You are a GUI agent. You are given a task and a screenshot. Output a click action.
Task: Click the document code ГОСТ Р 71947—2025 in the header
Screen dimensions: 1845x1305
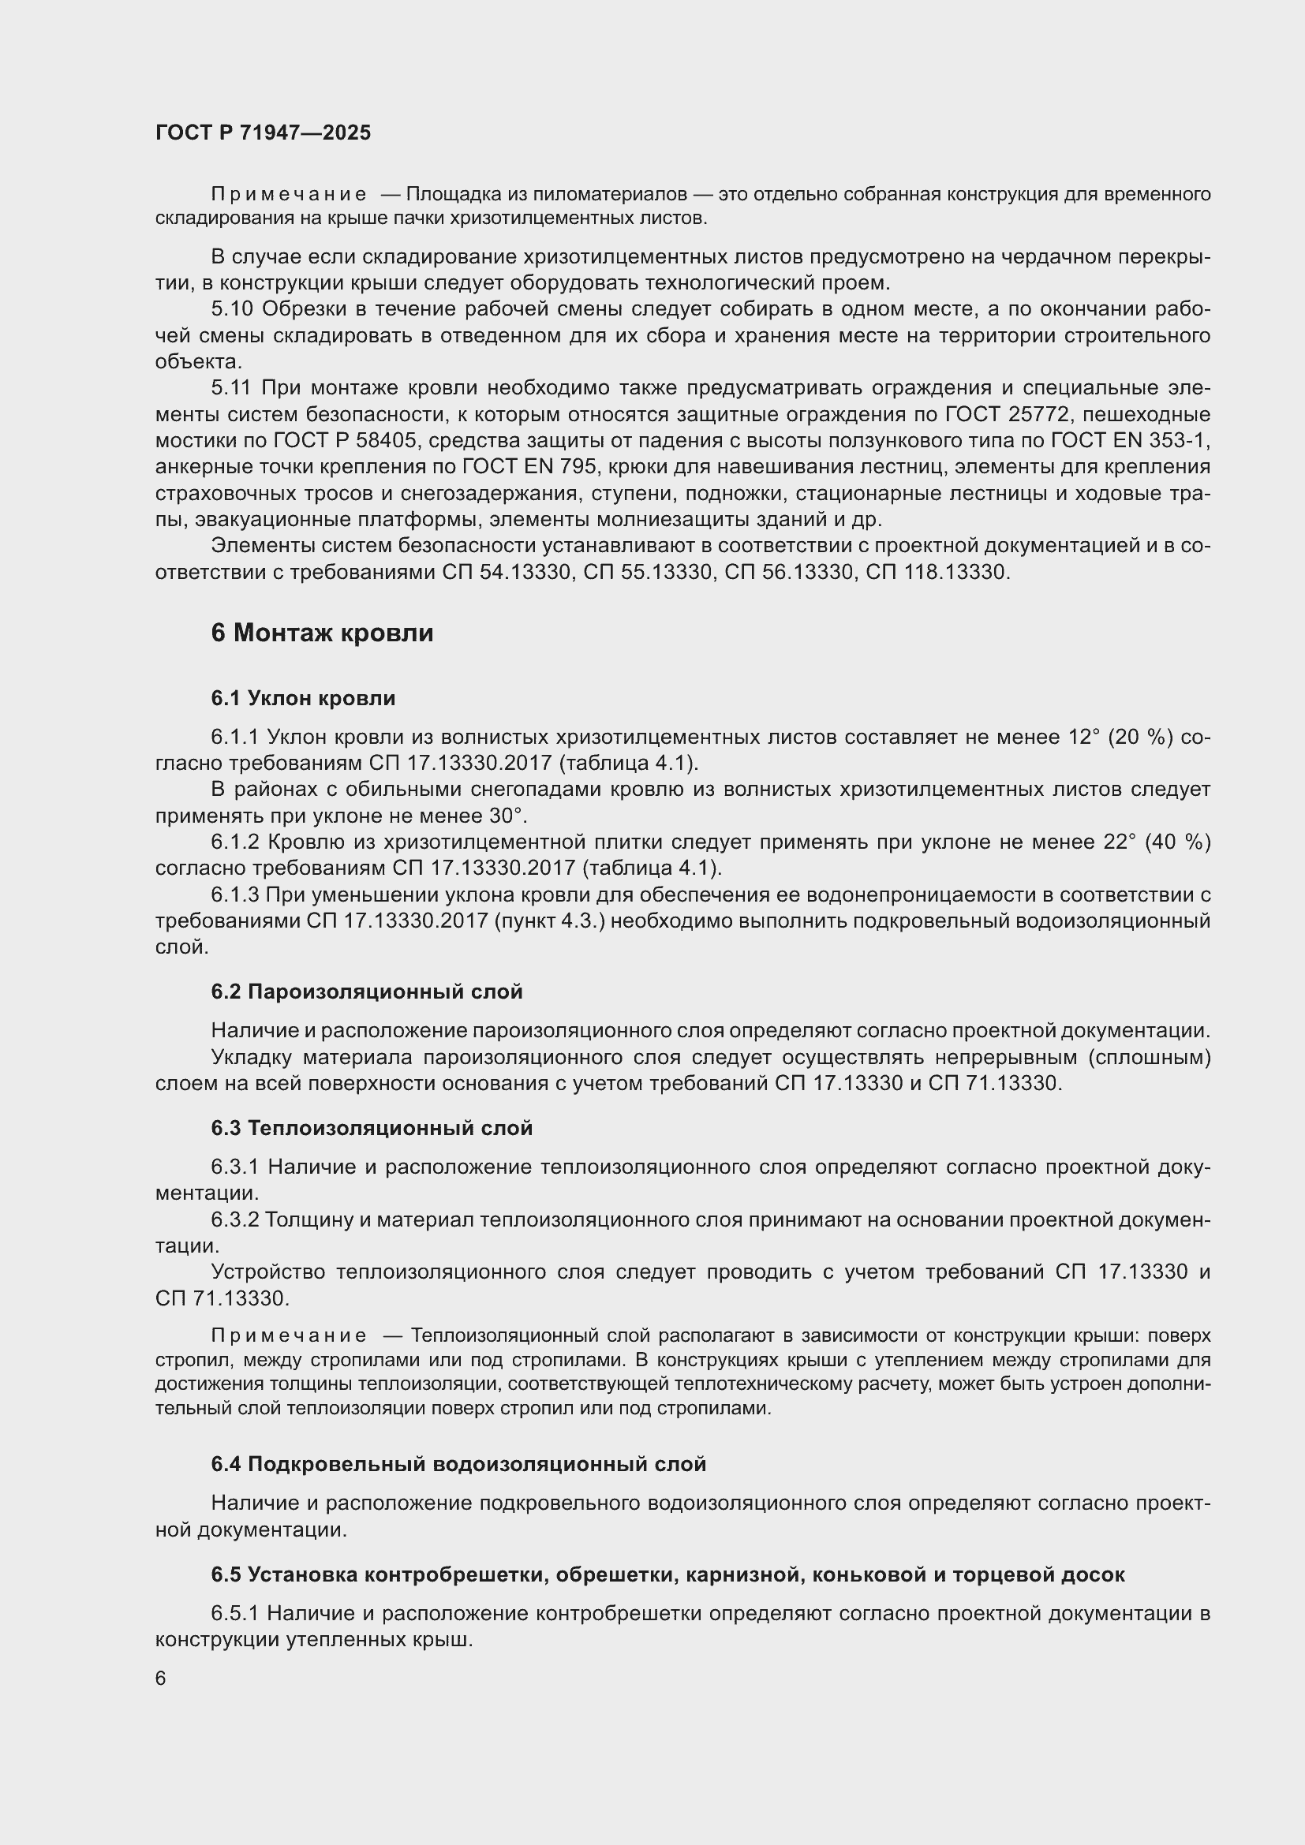[x=263, y=133]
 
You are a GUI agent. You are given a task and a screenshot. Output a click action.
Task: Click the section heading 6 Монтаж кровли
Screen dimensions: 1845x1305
[x=321, y=633]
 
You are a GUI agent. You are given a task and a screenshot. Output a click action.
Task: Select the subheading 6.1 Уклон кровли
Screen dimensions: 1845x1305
[x=303, y=697]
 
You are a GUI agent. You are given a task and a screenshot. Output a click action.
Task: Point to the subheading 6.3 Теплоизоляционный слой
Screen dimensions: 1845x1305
[x=372, y=1127]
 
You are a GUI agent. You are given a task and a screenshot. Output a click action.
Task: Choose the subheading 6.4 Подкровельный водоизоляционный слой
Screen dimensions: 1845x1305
[x=458, y=1463]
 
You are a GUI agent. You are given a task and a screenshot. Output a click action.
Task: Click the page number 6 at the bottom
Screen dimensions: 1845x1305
[x=161, y=1678]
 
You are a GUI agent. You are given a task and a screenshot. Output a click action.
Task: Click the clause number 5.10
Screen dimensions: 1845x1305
[x=232, y=308]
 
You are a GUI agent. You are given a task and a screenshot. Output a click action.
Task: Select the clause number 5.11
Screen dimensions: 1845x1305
[x=231, y=387]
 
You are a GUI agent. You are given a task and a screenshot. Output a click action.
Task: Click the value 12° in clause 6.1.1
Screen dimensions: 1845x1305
[x=1083, y=737]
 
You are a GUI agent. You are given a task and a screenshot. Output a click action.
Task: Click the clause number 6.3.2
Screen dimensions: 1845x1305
[x=234, y=1219]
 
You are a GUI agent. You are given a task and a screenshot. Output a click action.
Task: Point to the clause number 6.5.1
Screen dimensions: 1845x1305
[x=234, y=1613]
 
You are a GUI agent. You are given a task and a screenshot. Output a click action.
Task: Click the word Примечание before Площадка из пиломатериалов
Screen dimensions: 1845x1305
[x=289, y=195]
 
